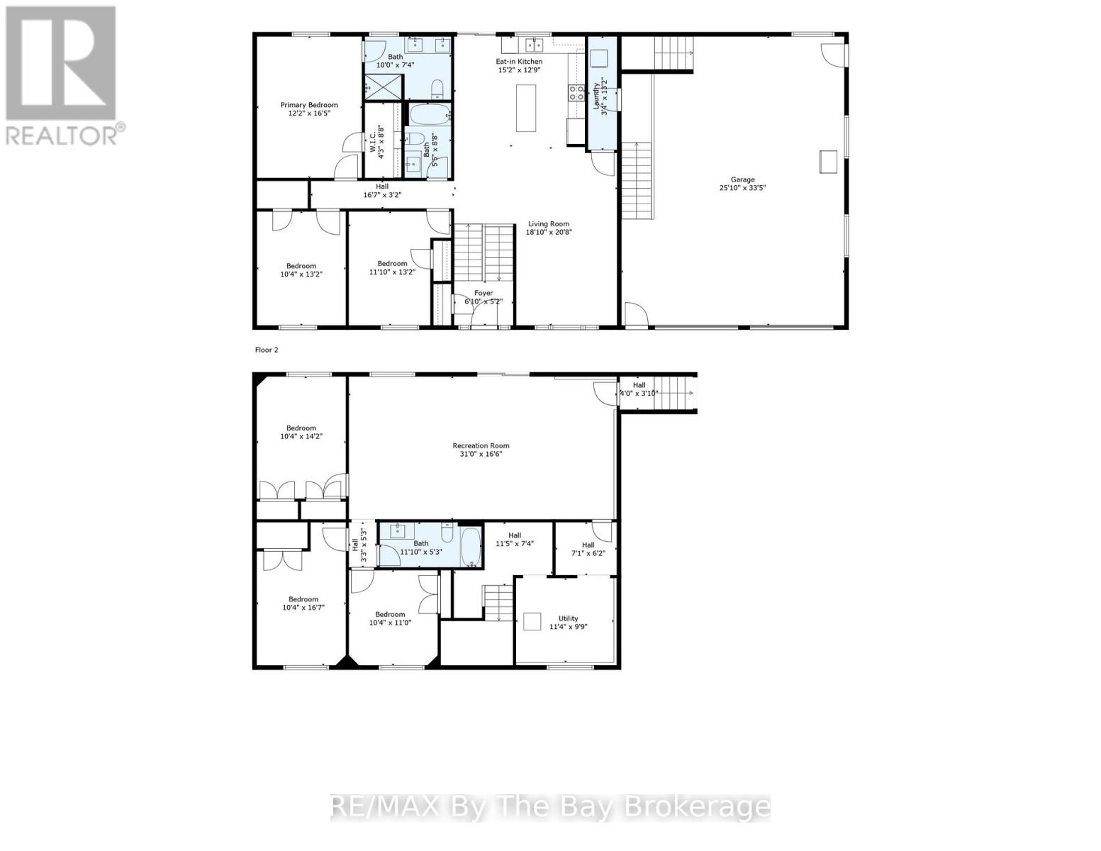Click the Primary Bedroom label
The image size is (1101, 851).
tap(309, 105)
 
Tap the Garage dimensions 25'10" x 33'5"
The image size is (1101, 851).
tap(742, 188)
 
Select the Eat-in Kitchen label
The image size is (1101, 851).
tap(519, 62)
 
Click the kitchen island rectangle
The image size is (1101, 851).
tap(525, 108)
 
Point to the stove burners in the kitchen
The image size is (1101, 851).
tap(576, 91)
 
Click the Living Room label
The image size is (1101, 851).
tap(548, 223)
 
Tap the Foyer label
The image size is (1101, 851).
tap(484, 293)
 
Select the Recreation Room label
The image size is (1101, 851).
tap(481, 446)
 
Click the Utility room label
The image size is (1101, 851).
tap(568, 618)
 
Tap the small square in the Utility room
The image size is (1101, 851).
tap(532, 621)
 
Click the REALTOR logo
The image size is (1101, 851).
tap(62, 74)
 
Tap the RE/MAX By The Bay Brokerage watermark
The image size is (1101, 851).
tap(550, 807)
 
